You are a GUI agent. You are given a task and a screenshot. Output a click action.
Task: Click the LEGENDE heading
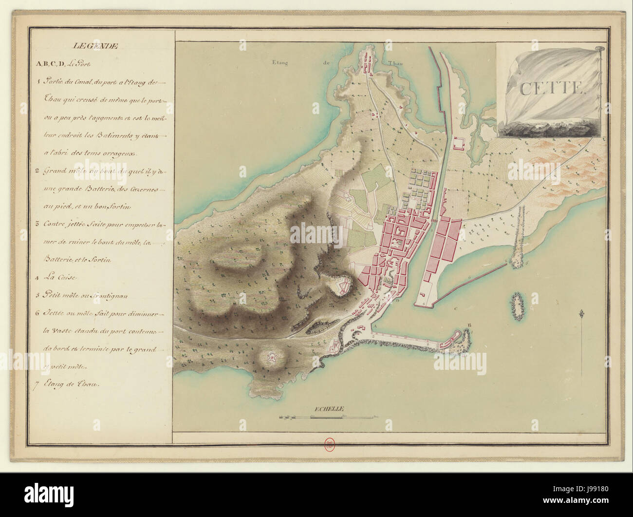pyautogui.click(x=95, y=46)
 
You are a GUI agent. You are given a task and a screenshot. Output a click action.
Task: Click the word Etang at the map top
pyautogui.click(x=280, y=62)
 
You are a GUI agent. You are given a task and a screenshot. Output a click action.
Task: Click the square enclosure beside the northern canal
pyautogui.click(x=459, y=143)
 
